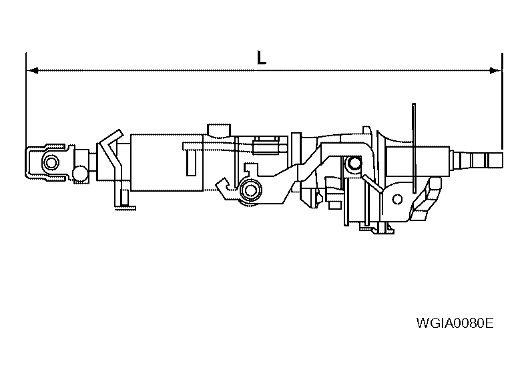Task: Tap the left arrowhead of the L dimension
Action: point(31,69)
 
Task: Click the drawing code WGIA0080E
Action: point(454,324)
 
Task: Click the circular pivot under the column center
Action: point(251,190)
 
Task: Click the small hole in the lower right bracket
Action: point(399,199)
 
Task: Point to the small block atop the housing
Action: point(218,129)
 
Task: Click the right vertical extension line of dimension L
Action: point(501,100)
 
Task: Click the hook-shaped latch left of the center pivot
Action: point(225,188)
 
